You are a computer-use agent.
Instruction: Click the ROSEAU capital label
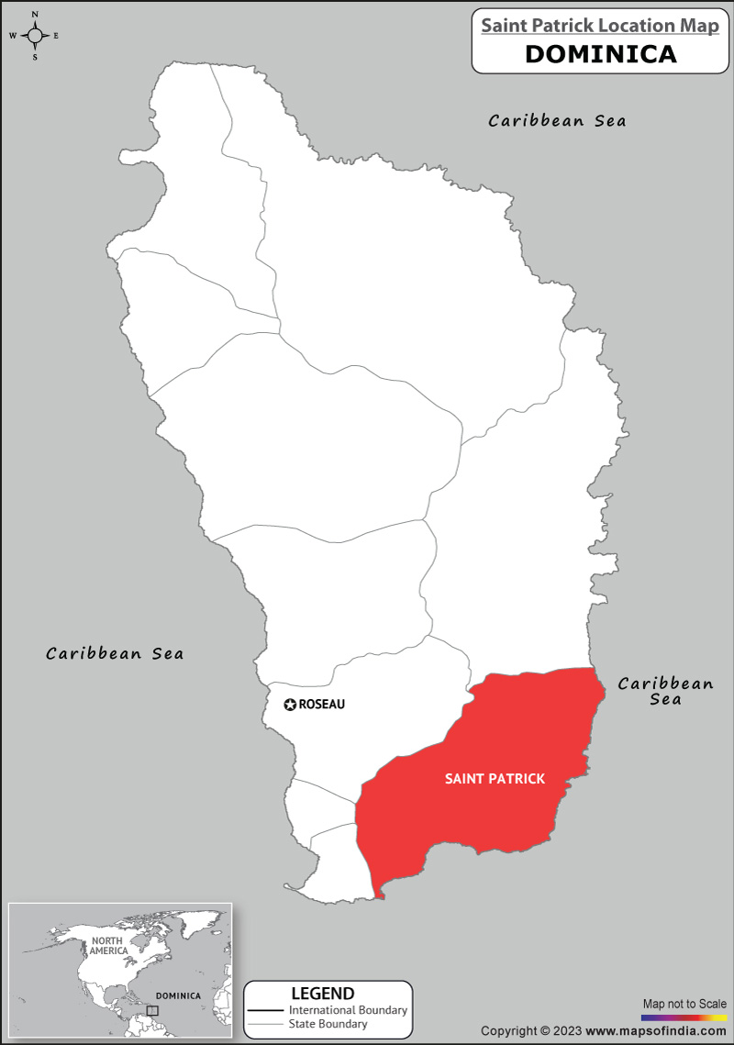[322, 705]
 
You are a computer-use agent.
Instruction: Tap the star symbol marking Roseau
[290, 705]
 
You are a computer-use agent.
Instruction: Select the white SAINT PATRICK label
[495, 779]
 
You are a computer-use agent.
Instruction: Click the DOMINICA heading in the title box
[601, 53]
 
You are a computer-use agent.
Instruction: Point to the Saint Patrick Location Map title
[600, 26]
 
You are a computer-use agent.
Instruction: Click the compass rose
[35, 36]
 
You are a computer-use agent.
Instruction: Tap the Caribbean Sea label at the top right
[557, 120]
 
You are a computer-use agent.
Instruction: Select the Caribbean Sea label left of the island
[115, 653]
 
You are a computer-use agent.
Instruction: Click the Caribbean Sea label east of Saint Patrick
[665, 691]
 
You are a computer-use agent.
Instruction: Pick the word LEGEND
[322, 994]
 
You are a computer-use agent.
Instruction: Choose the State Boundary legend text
[328, 1024]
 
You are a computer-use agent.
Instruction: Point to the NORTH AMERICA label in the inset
[107, 946]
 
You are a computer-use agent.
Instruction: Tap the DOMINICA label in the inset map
[177, 995]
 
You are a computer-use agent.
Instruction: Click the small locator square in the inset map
[152, 1010]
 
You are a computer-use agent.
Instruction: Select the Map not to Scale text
[684, 1004]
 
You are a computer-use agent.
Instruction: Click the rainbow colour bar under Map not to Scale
[684, 1017]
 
